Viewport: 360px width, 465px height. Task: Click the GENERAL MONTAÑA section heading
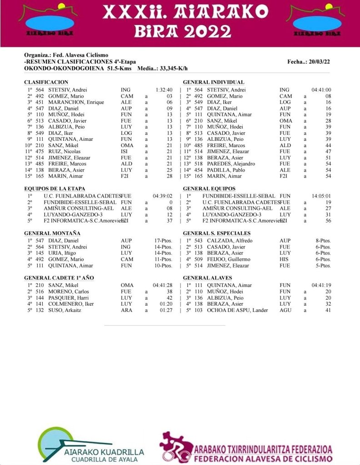point(52,233)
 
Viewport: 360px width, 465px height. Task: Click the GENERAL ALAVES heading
point(208,277)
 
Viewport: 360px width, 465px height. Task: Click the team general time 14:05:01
point(321,196)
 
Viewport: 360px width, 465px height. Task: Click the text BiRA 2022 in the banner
point(180,31)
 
